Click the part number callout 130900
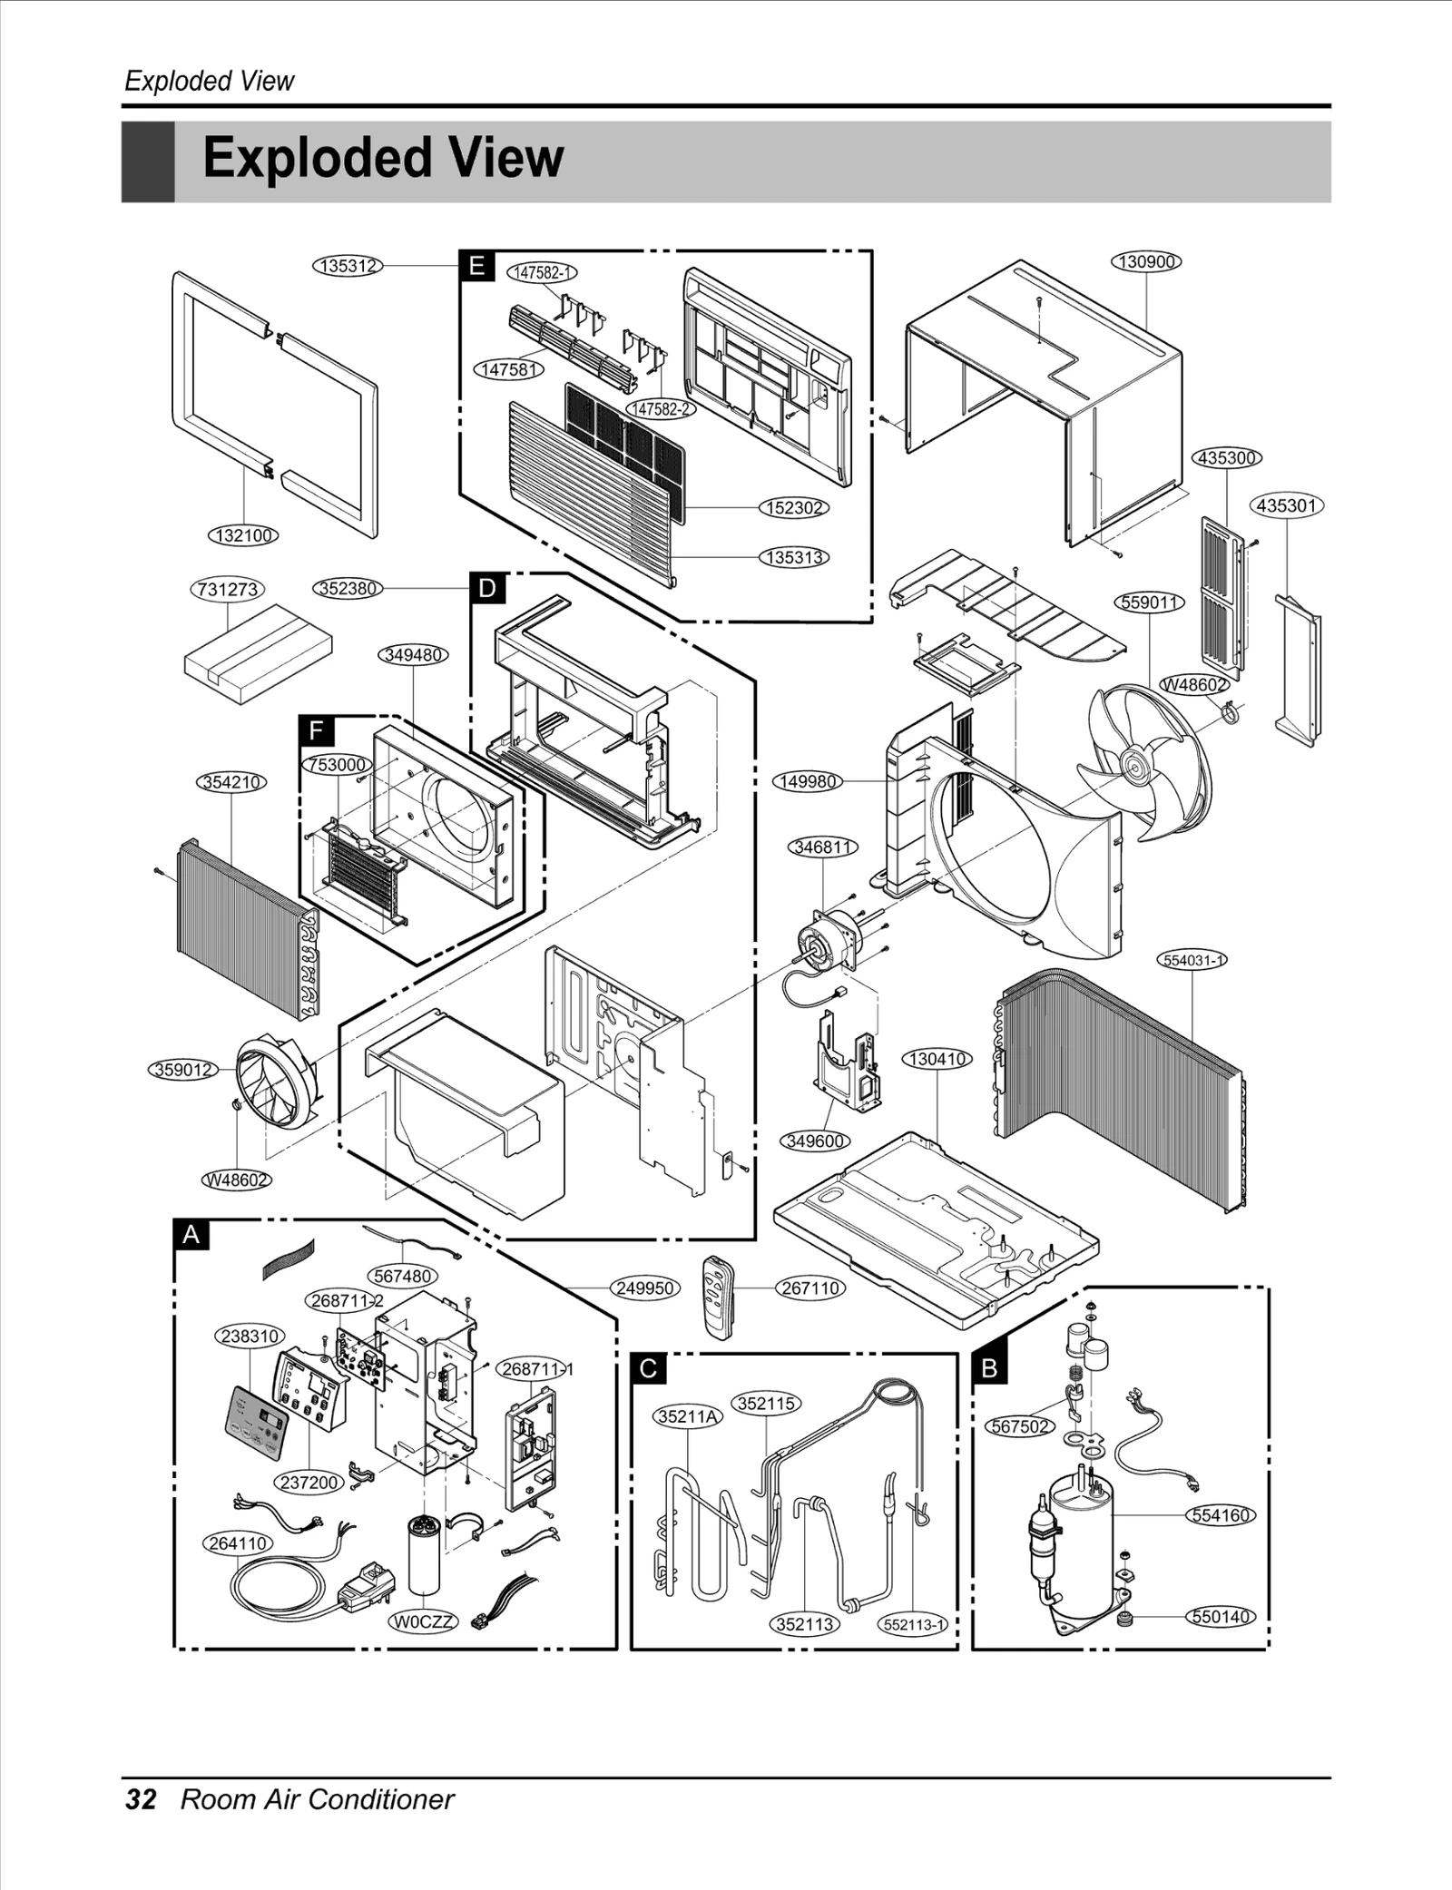(x=1146, y=262)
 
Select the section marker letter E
(x=476, y=266)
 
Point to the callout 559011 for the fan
(x=1149, y=602)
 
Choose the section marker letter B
(x=989, y=1367)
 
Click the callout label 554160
(x=1221, y=1515)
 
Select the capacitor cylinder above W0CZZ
(x=424, y=1554)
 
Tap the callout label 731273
(x=228, y=590)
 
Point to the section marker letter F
(x=316, y=730)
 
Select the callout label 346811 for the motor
(x=822, y=847)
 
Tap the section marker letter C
(x=648, y=1367)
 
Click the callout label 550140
(x=1221, y=1616)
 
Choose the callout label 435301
(x=1287, y=505)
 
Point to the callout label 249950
(x=644, y=1288)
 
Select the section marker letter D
(x=487, y=589)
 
